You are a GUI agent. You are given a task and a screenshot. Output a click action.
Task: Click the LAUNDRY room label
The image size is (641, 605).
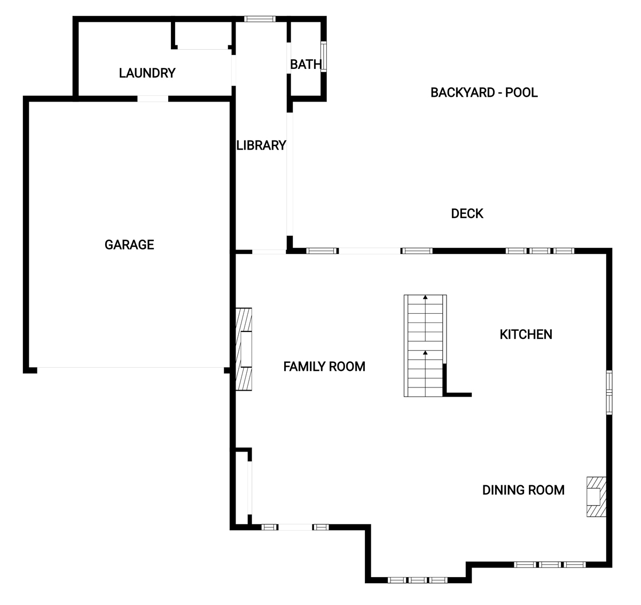[x=147, y=73]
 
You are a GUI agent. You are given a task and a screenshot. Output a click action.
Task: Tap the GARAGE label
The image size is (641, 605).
[x=129, y=245]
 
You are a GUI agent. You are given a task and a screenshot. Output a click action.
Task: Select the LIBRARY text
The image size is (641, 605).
[x=261, y=145]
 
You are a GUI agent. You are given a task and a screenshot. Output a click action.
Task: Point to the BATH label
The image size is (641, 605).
[x=306, y=65]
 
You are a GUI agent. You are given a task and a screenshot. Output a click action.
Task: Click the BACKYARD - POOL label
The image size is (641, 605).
[x=484, y=92]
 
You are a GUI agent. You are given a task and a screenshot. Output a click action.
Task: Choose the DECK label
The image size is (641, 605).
[x=467, y=213]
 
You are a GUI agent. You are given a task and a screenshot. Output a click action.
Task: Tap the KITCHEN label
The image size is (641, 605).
[x=526, y=335]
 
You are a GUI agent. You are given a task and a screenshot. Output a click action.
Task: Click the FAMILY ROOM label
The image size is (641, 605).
[x=324, y=367]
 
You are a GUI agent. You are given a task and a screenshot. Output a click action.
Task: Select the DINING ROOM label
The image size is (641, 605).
[x=523, y=490]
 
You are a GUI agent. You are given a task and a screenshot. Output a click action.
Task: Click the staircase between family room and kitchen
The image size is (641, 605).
[x=425, y=346]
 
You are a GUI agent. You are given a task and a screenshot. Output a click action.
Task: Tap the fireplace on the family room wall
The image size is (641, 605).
[x=244, y=349]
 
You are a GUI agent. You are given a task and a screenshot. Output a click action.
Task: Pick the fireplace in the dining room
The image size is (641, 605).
[x=596, y=497]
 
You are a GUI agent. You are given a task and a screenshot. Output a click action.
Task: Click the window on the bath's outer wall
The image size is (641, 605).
[x=323, y=57]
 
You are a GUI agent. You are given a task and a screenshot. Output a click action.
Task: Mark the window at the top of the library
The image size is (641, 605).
[x=260, y=19]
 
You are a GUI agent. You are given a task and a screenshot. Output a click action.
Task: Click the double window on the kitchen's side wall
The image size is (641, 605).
[x=609, y=392]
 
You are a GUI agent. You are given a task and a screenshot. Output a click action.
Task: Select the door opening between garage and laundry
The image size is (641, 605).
[x=153, y=98]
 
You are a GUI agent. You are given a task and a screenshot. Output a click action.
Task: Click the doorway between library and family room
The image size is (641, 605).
[x=269, y=252]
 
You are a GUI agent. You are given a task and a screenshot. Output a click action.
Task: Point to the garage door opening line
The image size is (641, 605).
[x=130, y=367]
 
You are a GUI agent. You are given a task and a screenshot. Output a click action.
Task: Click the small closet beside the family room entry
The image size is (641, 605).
[x=242, y=487]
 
